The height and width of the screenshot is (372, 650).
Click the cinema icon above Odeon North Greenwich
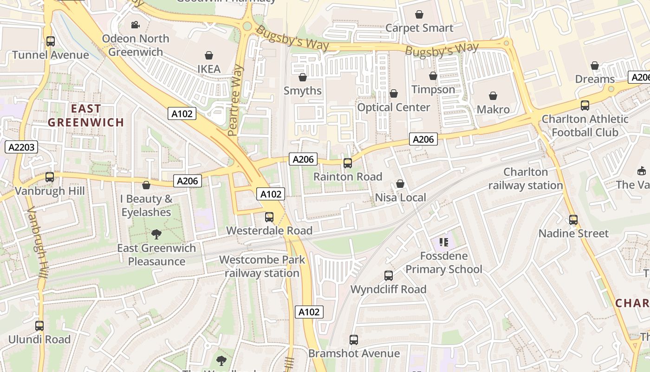(x=135, y=25)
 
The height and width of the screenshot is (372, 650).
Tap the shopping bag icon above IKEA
(x=209, y=55)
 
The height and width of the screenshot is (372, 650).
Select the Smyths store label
(x=303, y=90)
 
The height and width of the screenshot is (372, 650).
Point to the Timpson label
(x=433, y=89)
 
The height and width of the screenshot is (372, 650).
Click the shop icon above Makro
(x=493, y=96)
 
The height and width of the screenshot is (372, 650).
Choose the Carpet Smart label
(x=419, y=28)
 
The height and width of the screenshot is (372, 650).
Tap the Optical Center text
(x=394, y=107)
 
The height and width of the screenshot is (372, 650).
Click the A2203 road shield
(x=21, y=147)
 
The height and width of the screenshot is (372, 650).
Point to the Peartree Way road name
(x=236, y=100)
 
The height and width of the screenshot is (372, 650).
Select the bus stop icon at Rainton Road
(x=347, y=163)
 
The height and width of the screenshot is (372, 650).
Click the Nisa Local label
(x=400, y=198)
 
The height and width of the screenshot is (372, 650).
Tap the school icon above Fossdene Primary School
(x=443, y=242)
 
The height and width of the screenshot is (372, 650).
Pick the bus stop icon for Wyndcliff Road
(x=389, y=276)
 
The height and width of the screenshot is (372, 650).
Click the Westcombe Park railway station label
(x=262, y=266)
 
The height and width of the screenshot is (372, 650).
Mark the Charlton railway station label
(x=526, y=179)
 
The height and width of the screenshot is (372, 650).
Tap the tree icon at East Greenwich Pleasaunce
(x=156, y=234)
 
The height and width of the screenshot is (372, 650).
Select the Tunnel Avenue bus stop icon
(x=51, y=41)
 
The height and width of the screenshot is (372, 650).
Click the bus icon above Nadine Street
(x=573, y=220)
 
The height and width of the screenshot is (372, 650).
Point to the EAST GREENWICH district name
(x=86, y=116)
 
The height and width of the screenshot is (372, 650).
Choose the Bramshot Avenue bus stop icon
(x=354, y=340)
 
